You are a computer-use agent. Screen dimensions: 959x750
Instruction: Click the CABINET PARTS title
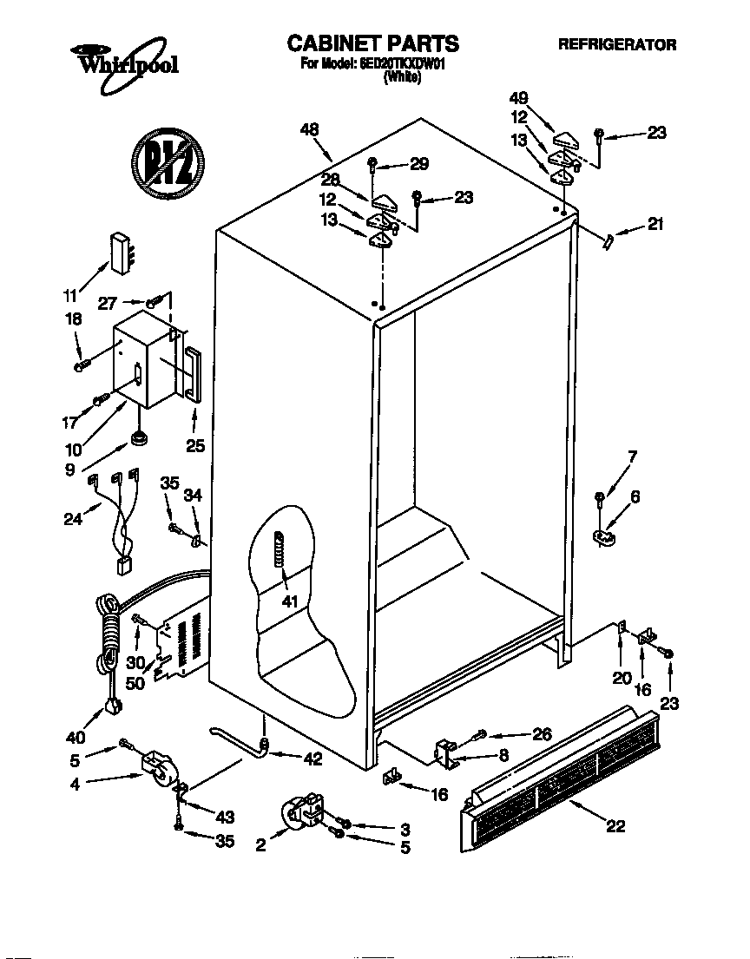point(372,43)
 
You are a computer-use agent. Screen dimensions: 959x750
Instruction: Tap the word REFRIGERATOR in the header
point(616,44)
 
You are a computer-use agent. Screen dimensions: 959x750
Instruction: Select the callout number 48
point(309,129)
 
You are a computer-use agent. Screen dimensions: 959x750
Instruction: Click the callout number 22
point(615,826)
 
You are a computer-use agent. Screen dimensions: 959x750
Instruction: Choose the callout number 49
point(519,98)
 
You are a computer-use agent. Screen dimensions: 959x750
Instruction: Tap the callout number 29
point(419,164)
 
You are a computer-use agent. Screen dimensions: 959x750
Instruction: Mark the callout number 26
point(542,734)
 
